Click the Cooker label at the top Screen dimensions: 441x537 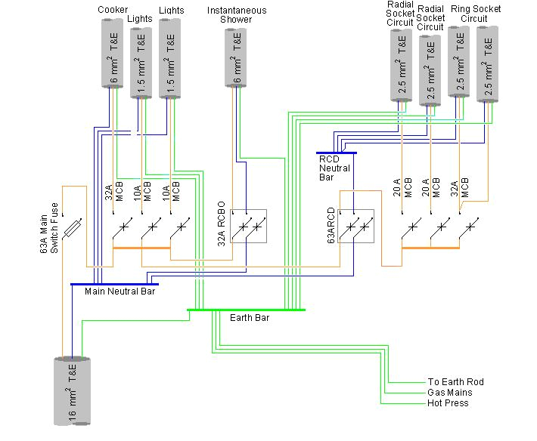(x=113, y=9)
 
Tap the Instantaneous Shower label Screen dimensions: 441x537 (x=236, y=14)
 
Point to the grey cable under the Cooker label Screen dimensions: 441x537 (x=113, y=53)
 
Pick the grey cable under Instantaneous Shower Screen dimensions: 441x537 (x=236, y=57)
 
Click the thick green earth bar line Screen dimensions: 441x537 (x=246, y=310)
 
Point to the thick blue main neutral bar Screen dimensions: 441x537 (x=113, y=284)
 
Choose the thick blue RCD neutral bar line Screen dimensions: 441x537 (x=336, y=153)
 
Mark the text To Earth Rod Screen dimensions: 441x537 (x=455, y=382)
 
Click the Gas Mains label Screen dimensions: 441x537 (x=450, y=393)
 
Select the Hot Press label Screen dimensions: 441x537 (x=448, y=403)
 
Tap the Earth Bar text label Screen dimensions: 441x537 (x=250, y=318)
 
